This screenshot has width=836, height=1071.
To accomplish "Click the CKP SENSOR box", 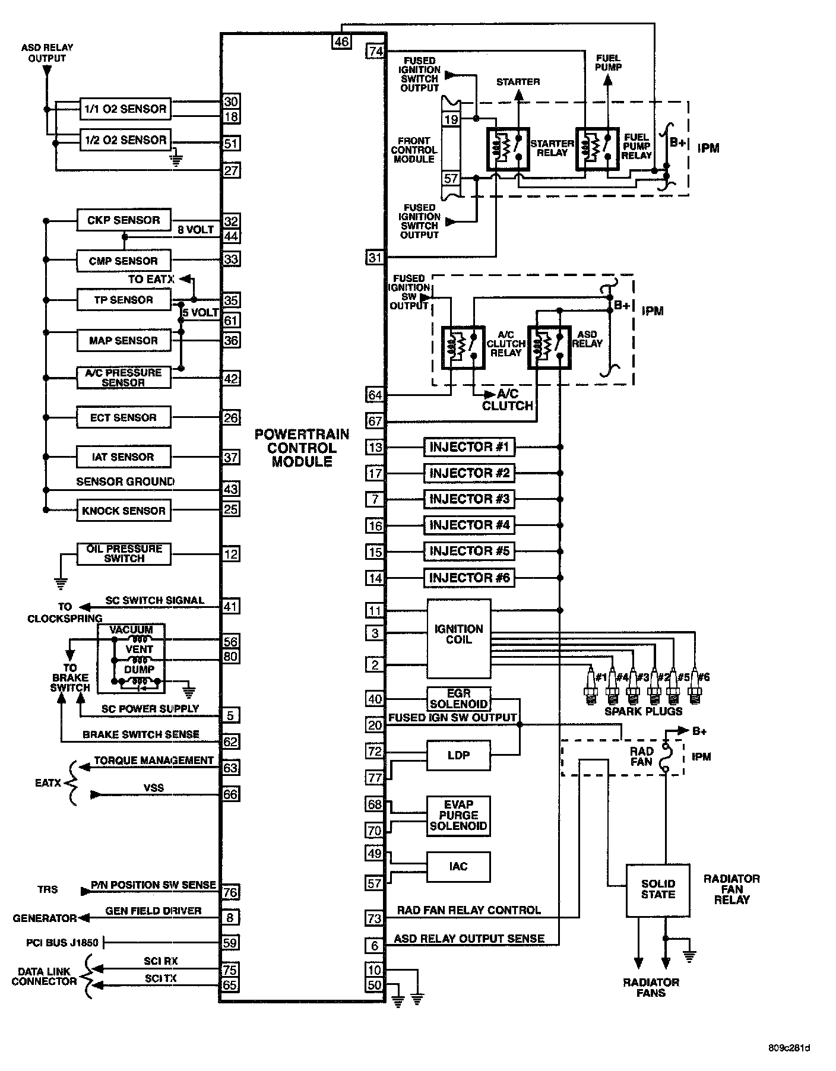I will click(x=123, y=220).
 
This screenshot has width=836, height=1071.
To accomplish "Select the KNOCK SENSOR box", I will click(x=123, y=511).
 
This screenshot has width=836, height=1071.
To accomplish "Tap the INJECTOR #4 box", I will click(x=469, y=525).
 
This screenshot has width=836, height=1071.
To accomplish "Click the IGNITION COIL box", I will click(x=459, y=639).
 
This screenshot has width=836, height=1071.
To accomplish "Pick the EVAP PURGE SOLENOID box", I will click(x=458, y=815).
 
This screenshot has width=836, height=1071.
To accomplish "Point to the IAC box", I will click(x=458, y=867).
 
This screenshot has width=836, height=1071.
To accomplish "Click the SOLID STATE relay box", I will click(x=658, y=889).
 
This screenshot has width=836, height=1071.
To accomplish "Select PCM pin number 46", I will click(x=342, y=41).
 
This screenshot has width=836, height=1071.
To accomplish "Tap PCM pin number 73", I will click(x=375, y=918).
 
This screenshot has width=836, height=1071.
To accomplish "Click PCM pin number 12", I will click(x=230, y=554).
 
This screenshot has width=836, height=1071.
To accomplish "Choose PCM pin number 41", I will click(x=230, y=607).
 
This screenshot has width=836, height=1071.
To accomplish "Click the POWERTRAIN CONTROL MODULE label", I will click(x=302, y=448).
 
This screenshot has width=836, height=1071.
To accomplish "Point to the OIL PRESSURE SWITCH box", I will click(x=124, y=554).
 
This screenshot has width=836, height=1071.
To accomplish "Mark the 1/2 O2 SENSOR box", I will click(x=125, y=140).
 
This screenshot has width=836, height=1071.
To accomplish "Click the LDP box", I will click(x=458, y=755).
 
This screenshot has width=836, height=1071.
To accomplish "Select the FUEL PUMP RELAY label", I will click(x=636, y=146).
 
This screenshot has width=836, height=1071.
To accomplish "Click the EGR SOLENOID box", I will click(x=458, y=699).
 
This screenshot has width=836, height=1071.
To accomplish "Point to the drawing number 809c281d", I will click(x=788, y=1047).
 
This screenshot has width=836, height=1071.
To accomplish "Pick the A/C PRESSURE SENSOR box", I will click(x=123, y=378).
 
